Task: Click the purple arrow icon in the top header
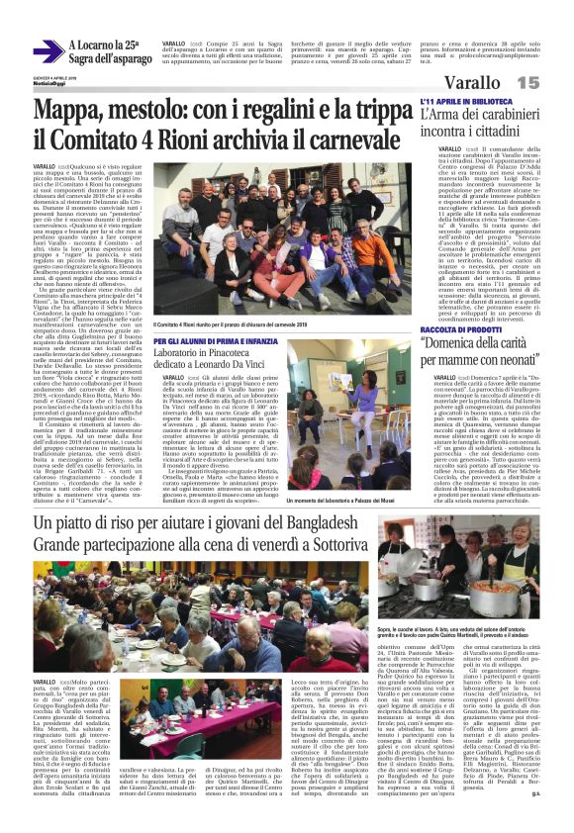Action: (47, 51)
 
